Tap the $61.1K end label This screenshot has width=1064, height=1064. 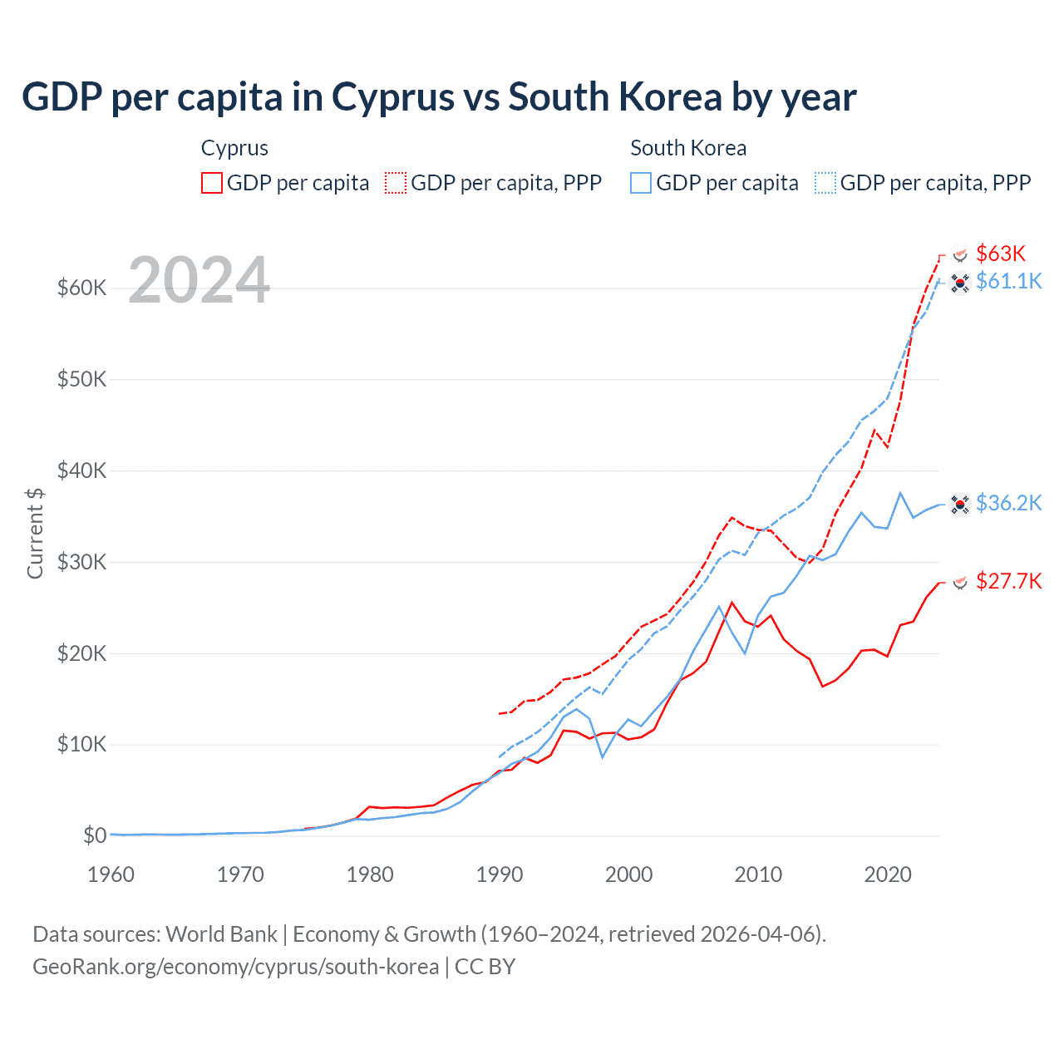tap(1008, 281)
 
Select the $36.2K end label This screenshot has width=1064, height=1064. tap(1008, 503)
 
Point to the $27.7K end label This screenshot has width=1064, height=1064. tap(1008, 581)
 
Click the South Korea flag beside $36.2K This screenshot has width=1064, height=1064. tap(960, 504)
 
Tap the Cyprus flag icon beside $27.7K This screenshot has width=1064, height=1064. tap(960, 582)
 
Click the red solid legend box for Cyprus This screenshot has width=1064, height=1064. tap(212, 183)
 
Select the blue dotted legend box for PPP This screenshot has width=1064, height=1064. tap(825, 183)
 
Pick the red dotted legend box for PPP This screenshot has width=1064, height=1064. tap(396, 183)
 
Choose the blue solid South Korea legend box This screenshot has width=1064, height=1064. tap(641, 183)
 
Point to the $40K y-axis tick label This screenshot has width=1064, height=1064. tap(81, 471)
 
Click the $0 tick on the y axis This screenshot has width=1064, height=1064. tap(95, 835)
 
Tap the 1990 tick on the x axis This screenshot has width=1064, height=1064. tap(500, 874)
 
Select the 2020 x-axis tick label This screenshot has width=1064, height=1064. tap(888, 874)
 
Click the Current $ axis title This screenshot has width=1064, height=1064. tap(35, 533)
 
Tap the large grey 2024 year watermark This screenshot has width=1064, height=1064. tap(199, 280)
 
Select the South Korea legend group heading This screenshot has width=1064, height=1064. tap(688, 148)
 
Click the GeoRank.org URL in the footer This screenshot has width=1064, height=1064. tap(235, 967)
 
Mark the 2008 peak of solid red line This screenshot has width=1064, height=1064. tap(731, 603)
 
